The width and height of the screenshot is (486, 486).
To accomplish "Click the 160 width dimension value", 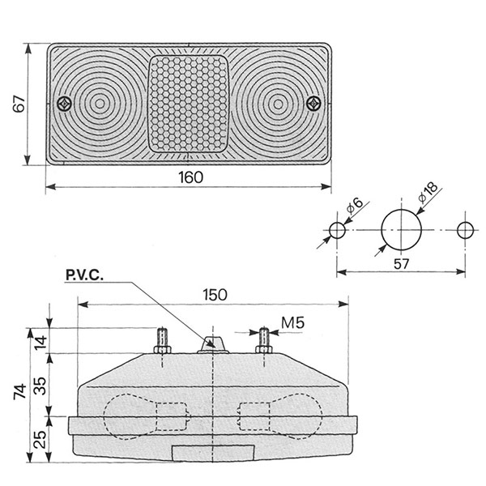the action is pyautogui.click(x=191, y=177).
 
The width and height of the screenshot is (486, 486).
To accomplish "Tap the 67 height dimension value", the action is pyautogui.click(x=19, y=104).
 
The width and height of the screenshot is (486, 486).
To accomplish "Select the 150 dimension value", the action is pyautogui.click(x=215, y=295).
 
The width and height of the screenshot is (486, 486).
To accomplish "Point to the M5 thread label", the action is pyautogui.click(x=292, y=322).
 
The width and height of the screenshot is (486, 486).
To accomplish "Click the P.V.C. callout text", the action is pyautogui.click(x=84, y=275).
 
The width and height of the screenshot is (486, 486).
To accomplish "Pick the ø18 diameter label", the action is pyautogui.click(x=428, y=193).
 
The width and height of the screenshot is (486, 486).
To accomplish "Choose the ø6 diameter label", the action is pyautogui.click(x=355, y=206).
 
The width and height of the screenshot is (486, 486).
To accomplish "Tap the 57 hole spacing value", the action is pyautogui.click(x=402, y=264).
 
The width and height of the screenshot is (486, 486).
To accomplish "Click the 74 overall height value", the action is pyautogui.click(x=20, y=391).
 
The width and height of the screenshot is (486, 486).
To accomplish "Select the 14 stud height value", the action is pyautogui.click(x=40, y=343).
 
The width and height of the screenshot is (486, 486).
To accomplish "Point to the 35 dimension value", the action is pyautogui.click(x=40, y=386).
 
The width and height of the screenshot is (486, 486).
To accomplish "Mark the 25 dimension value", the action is pyautogui.click(x=40, y=440).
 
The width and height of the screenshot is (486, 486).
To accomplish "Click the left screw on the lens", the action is pyautogui.click(x=65, y=104).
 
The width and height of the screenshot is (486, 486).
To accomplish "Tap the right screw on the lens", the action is pyautogui.click(x=313, y=103).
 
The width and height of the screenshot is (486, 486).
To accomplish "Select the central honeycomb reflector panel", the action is pyautogui.click(x=189, y=104).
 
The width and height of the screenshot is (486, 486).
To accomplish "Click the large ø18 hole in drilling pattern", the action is pyautogui.click(x=402, y=230).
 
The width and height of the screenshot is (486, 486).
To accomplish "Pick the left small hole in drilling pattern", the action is pyautogui.click(x=337, y=230).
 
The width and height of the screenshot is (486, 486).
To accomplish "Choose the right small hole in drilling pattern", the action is pyautogui.click(x=465, y=230).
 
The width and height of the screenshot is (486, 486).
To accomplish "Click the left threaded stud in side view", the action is pyautogui.click(x=162, y=341).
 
